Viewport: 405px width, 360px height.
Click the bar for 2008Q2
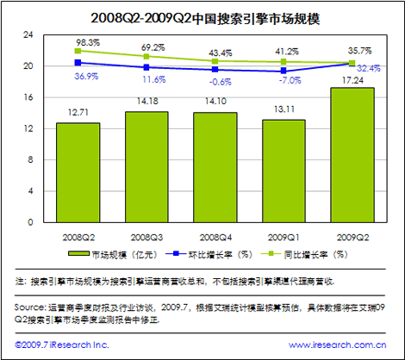[x=78, y=172]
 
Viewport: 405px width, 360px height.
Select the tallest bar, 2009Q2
[x=352, y=155]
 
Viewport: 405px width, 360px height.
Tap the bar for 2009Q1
[x=283, y=171]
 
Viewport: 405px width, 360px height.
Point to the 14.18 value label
[x=147, y=101]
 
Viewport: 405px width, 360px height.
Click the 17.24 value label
[x=352, y=80]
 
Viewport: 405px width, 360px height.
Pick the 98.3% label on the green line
[x=88, y=43]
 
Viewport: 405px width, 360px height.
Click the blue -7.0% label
[x=290, y=80]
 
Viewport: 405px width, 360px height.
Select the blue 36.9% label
[x=86, y=77]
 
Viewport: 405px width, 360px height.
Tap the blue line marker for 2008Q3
[x=146, y=67]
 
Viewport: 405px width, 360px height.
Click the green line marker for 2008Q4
[x=215, y=61]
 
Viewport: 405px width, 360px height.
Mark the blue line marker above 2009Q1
[x=283, y=71]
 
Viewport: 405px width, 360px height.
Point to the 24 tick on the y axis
[x=28, y=34]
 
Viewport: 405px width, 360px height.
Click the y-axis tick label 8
[x=30, y=160]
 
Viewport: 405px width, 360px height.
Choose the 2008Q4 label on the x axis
[x=215, y=238]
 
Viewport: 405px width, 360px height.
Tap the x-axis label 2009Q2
[x=353, y=238]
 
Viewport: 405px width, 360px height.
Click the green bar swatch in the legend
[x=78, y=253]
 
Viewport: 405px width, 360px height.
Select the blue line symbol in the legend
[x=176, y=253]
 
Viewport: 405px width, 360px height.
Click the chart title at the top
[x=205, y=19]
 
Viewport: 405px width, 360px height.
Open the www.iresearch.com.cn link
[x=338, y=344]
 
